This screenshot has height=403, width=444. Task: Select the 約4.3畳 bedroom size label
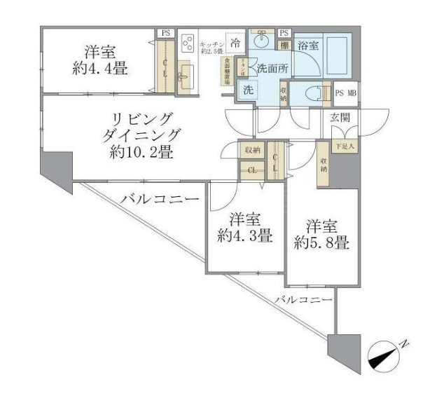[x=244, y=236]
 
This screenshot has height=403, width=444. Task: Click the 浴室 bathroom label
[x=308, y=46]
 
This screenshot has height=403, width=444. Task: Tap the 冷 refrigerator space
[x=235, y=43]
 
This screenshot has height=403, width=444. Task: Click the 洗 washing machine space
[x=247, y=90]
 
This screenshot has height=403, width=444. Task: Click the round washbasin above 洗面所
[x=261, y=40]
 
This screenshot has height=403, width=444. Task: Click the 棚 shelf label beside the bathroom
[x=284, y=46]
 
